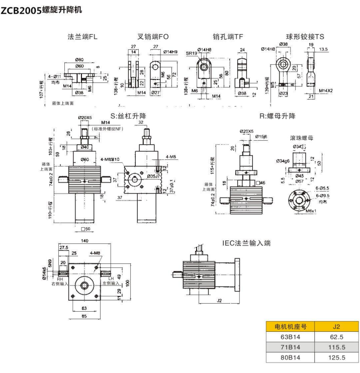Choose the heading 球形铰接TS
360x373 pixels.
pos(306,36)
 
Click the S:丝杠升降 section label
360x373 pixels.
pos(128,116)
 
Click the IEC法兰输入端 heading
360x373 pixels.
pos(247,243)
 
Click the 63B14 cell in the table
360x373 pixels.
pos(285,337)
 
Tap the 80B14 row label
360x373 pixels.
pos(285,358)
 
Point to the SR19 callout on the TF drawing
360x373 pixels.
pos(191,52)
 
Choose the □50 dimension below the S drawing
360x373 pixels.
pos(85,229)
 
